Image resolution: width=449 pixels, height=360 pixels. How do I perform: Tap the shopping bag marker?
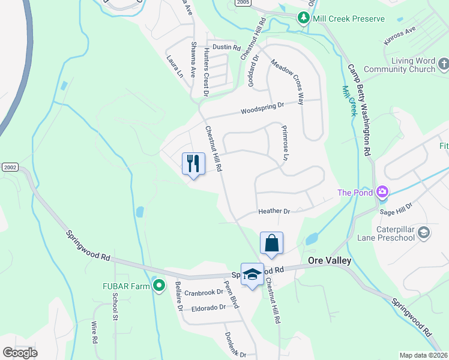tap(271, 243)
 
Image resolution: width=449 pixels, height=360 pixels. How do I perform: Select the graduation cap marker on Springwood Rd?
tap(253, 274)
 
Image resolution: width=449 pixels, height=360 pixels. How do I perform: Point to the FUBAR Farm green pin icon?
tap(159, 286)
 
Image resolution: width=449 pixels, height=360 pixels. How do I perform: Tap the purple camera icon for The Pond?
tap(382, 193)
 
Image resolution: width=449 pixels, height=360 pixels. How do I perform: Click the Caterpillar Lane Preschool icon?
tap(424, 232)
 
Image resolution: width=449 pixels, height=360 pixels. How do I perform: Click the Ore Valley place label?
tap(329, 260)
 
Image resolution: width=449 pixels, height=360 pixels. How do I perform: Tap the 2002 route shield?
tap(10, 166)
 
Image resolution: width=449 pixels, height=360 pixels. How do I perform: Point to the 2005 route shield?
tap(243, 3)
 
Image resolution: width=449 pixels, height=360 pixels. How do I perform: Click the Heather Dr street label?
tap(274, 211)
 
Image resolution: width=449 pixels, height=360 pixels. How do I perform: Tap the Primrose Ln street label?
tap(285, 143)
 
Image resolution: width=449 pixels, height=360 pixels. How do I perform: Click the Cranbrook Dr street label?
tap(203, 293)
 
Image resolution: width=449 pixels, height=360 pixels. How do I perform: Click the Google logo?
tap(20, 353)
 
